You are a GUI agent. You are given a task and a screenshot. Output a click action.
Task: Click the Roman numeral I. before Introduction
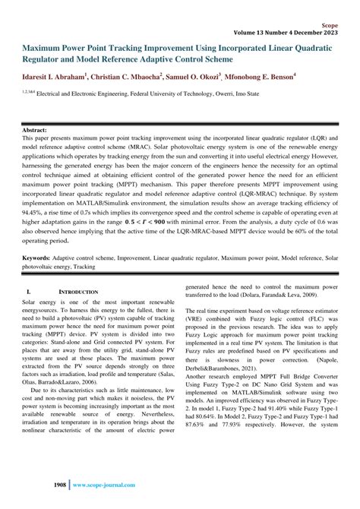pyautogui.click(x=28, y=292)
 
